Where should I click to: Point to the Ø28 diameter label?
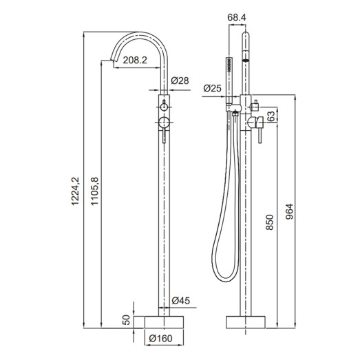[180, 81]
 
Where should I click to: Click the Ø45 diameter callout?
[180, 300]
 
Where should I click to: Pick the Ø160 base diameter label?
[160, 338]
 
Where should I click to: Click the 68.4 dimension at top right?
[236, 17]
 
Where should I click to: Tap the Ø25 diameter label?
[213, 87]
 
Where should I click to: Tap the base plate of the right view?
[245, 321]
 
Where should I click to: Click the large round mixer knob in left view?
[165, 123]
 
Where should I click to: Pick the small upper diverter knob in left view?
[165, 107]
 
